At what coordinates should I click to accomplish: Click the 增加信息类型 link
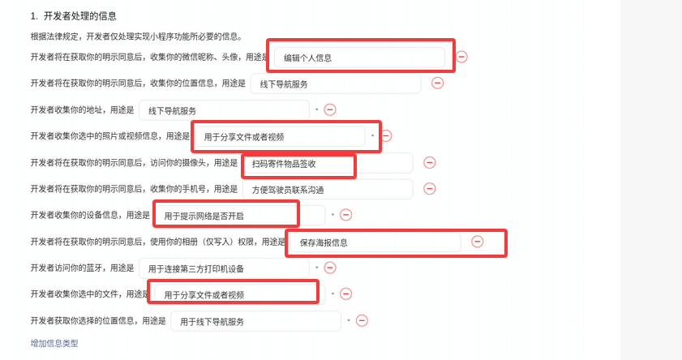(x=54, y=344)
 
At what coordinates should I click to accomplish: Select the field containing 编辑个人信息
(x=359, y=58)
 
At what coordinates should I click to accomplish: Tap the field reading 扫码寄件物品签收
(x=327, y=163)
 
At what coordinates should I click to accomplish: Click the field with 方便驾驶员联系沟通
(x=327, y=189)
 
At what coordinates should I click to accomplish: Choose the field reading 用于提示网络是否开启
(x=239, y=215)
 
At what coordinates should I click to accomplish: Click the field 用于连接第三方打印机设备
(x=223, y=268)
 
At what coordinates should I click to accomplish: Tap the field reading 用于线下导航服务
(x=255, y=321)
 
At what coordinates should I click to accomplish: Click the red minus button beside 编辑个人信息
(x=461, y=57)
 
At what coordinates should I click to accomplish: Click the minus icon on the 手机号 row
(x=430, y=189)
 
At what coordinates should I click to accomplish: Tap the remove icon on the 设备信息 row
(x=345, y=215)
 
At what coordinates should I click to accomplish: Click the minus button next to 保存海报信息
(x=478, y=242)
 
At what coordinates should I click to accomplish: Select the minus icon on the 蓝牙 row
(x=330, y=268)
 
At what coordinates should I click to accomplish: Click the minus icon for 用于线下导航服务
(x=362, y=320)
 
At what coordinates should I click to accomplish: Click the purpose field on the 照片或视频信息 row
(x=279, y=136)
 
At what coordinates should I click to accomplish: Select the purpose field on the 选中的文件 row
(x=239, y=294)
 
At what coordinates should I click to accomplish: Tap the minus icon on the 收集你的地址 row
(x=330, y=109)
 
